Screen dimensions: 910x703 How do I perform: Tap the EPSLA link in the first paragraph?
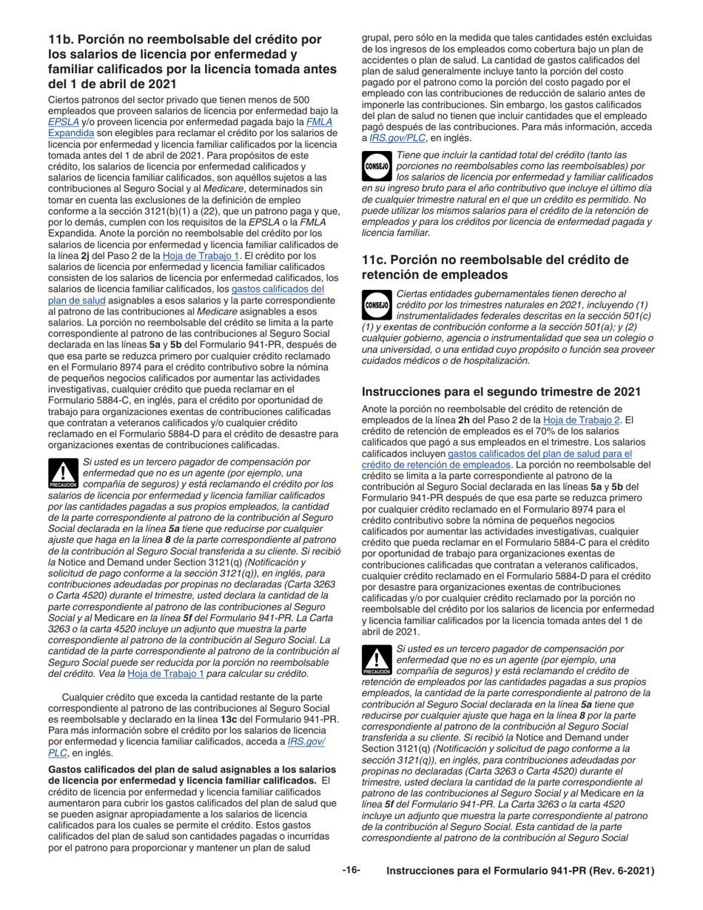point(63,122)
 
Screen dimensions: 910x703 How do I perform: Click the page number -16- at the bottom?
point(351,870)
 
